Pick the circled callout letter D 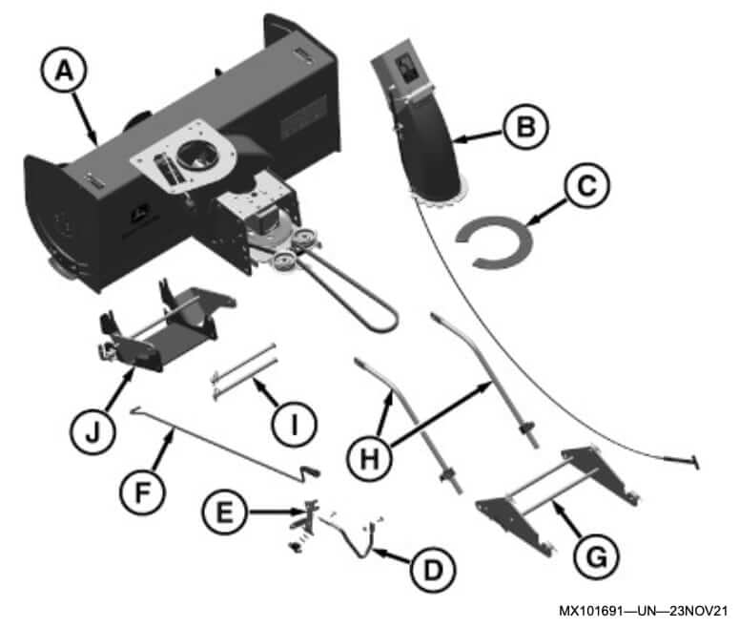[x=426, y=570]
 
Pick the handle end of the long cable [x=688, y=462]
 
